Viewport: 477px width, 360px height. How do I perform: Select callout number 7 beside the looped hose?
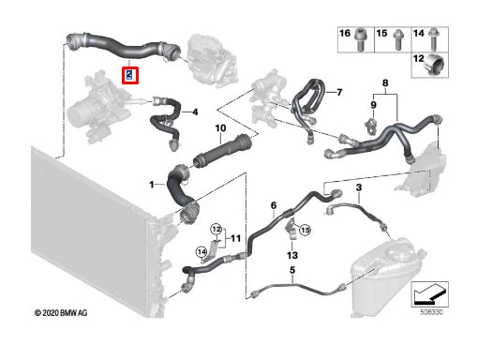pyautogui.click(x=339, y=92)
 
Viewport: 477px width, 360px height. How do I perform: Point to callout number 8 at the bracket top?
pyautogui.click(x=382, y=84)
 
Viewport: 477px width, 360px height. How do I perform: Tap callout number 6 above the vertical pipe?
pyautogui.click(x=273, y=205)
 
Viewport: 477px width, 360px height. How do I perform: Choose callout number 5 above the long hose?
pyautogui.click(x=291, y=271)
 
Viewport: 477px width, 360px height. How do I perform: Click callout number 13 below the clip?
pyautogui.click(x=293, y=255)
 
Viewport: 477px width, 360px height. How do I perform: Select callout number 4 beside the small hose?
pyautogui.click(x=196, y=113)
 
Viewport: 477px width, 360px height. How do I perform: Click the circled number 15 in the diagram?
pyautogui.click(x=304, y=229)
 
